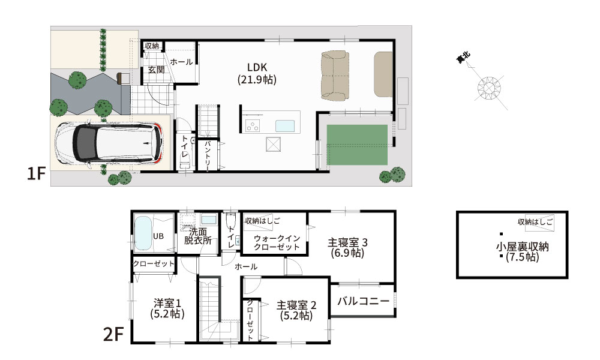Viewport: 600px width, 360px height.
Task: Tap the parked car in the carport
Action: (x=108, y=143)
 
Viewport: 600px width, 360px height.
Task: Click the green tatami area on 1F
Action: (x=357, y=145)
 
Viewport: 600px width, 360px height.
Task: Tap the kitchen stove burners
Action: (x=252, y=126)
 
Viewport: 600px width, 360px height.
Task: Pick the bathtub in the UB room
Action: (x=142, y=235)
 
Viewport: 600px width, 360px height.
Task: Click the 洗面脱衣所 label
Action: (x=197, y=236)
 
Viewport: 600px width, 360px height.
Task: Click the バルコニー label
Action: (x=363, y=301)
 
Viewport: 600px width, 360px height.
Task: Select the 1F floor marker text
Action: (x=36, y=174)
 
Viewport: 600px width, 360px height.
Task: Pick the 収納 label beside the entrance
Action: (x=152, y=46)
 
